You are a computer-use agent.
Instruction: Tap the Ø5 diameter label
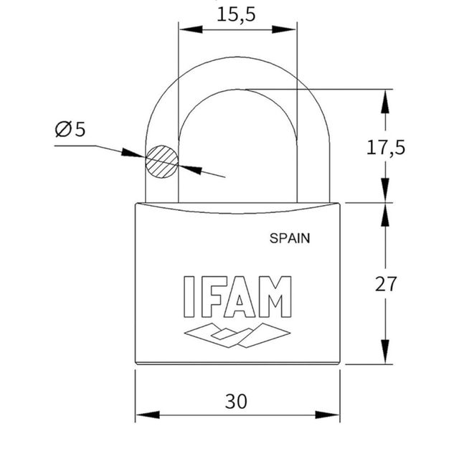pos(70,129)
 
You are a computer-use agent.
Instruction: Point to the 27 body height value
pos(386,283)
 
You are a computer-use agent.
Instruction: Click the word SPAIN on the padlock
pos(290,239)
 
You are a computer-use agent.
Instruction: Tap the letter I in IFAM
pos(189,296)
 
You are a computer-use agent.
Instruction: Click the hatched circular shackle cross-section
pos(161,162)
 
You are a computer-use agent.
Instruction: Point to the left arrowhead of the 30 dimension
pos(142,415)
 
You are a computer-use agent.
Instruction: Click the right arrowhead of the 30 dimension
pos(333,415)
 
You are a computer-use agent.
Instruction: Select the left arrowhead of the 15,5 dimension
pos(185,30)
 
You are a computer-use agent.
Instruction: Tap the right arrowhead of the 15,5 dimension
pos(290,30)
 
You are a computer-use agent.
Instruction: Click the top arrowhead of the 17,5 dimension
pos(386,97)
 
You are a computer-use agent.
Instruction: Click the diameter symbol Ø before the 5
pos(62,129)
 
